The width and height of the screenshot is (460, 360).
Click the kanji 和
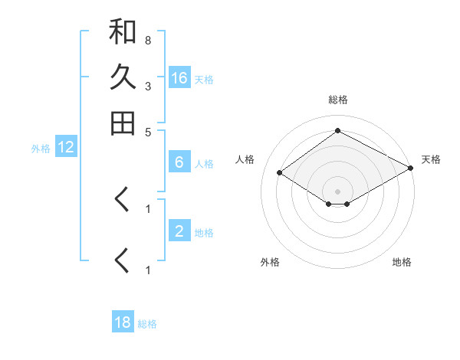click(123, 32)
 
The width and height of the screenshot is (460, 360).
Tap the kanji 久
click(123, 77)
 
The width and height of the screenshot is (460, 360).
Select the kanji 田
click(123, 123)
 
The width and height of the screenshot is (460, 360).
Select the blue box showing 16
click(179, 77)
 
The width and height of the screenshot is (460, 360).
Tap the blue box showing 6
click(179, 162)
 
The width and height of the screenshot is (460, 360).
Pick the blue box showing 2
click(179, 231)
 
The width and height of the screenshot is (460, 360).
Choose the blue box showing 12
click(66, 148)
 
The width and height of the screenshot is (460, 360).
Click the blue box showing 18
click(123, 322)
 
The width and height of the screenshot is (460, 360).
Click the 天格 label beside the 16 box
click(204, 79)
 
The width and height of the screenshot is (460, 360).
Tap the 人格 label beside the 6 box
click(204, 163)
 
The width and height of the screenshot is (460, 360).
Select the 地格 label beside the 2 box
click(204, 232)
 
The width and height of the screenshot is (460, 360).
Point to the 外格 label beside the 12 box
click(41, 149)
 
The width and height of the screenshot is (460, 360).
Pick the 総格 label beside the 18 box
click(147, 324)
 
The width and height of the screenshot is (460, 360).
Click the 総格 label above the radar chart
click(337, 100)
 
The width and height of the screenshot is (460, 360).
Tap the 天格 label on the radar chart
click(431, 159)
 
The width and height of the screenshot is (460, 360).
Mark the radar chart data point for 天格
click(411, 169)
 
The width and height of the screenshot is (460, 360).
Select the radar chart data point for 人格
click(280, 173)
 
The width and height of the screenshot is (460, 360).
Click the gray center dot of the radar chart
click(337, 191)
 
